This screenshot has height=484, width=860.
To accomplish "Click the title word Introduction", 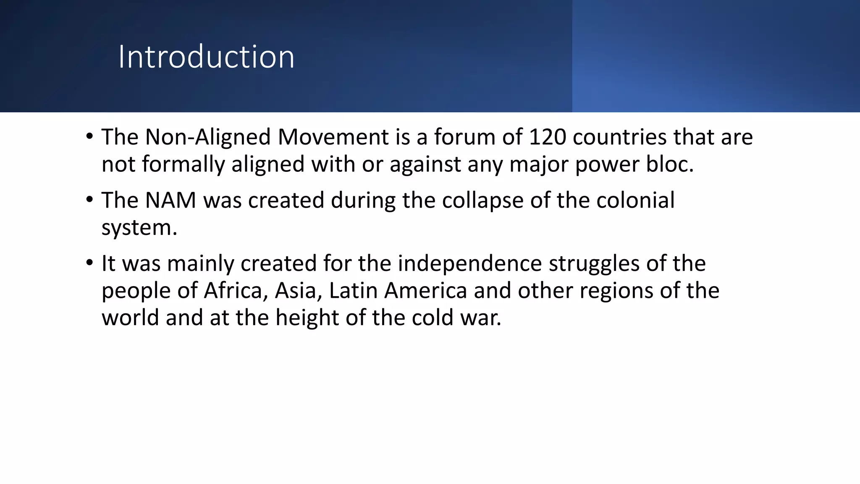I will [206, 57].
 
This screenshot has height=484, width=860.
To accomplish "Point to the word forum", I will [464, 137].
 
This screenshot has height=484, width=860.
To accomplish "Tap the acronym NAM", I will [170, 200].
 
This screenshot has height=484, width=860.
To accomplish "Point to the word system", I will [139, 228].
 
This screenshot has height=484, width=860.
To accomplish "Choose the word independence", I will [470, 264].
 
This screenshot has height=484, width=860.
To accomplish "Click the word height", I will [307, 318].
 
